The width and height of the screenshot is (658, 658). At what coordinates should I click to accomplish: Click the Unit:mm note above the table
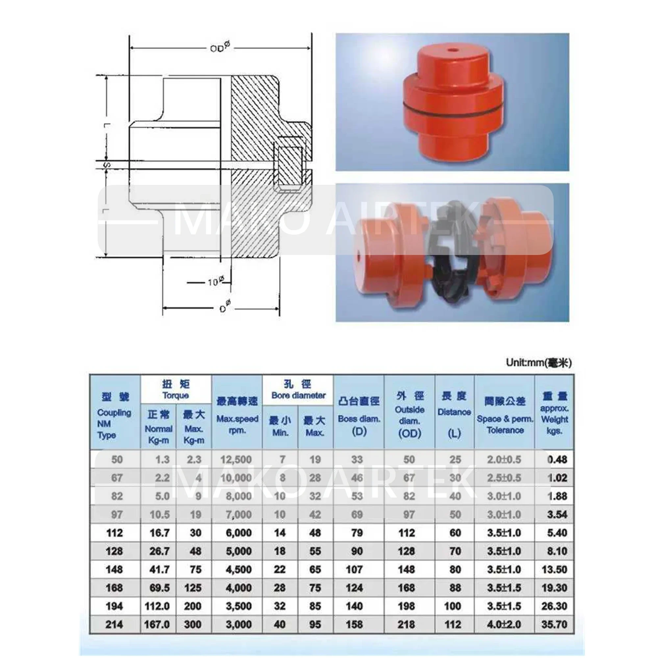click(539, 363)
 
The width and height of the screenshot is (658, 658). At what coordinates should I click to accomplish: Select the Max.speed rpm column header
click(237, 413)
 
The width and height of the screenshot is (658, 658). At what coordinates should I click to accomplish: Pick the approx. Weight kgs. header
click(554, 413)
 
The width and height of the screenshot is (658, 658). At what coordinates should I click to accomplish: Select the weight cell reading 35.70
click(554, 625)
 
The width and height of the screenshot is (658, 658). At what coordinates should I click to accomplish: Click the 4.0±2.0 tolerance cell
click(504, 625)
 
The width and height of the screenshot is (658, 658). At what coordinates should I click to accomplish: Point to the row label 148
click(114, 569)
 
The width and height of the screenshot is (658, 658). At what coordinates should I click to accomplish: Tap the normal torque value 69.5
click(159, 588)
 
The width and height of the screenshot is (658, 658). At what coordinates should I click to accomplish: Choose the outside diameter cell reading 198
click(407, 606)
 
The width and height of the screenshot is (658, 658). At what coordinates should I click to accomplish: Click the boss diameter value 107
click(354, 569)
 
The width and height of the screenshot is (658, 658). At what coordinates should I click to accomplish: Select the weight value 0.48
click(557, 460)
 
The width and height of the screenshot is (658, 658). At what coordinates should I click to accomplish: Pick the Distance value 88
click(455, 588)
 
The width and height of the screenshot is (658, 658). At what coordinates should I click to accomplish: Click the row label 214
click(114, 625)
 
